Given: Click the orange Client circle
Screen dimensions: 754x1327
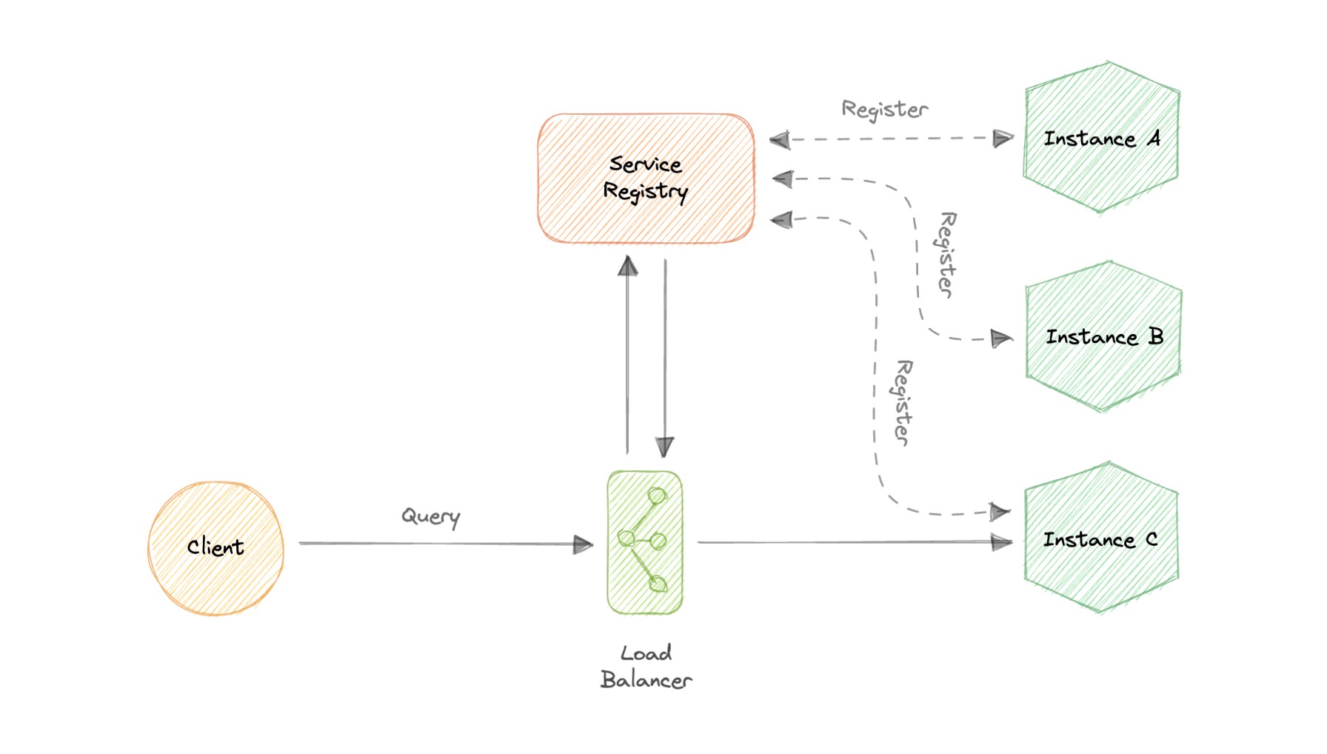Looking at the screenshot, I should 215,548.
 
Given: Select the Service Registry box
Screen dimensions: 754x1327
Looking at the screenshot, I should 646,179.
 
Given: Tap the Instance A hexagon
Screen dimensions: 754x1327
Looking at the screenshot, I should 1101,138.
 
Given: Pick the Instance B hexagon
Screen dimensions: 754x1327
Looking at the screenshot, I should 1103,337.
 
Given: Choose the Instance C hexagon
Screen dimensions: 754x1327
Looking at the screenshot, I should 1101,539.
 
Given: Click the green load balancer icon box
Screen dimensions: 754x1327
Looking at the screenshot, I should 644,543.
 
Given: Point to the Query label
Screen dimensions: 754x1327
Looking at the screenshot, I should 430,516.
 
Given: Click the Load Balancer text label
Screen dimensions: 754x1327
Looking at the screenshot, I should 646,667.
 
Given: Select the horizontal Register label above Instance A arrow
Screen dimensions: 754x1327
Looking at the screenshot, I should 884,110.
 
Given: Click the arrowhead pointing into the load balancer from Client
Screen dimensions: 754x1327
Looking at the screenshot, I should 584,545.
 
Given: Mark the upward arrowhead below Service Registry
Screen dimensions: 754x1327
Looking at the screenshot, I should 628,266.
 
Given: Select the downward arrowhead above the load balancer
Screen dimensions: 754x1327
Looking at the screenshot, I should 665,446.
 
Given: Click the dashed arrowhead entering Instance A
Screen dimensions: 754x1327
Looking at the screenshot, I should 1003,139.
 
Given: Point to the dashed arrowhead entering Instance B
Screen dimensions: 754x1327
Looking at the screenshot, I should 1001,338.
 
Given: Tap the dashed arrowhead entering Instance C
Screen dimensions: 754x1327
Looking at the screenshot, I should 1000,512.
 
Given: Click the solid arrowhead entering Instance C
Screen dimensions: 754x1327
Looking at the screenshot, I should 1002,542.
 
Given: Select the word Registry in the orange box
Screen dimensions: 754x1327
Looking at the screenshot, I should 645,192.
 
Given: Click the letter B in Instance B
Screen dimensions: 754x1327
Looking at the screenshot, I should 1155,336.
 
